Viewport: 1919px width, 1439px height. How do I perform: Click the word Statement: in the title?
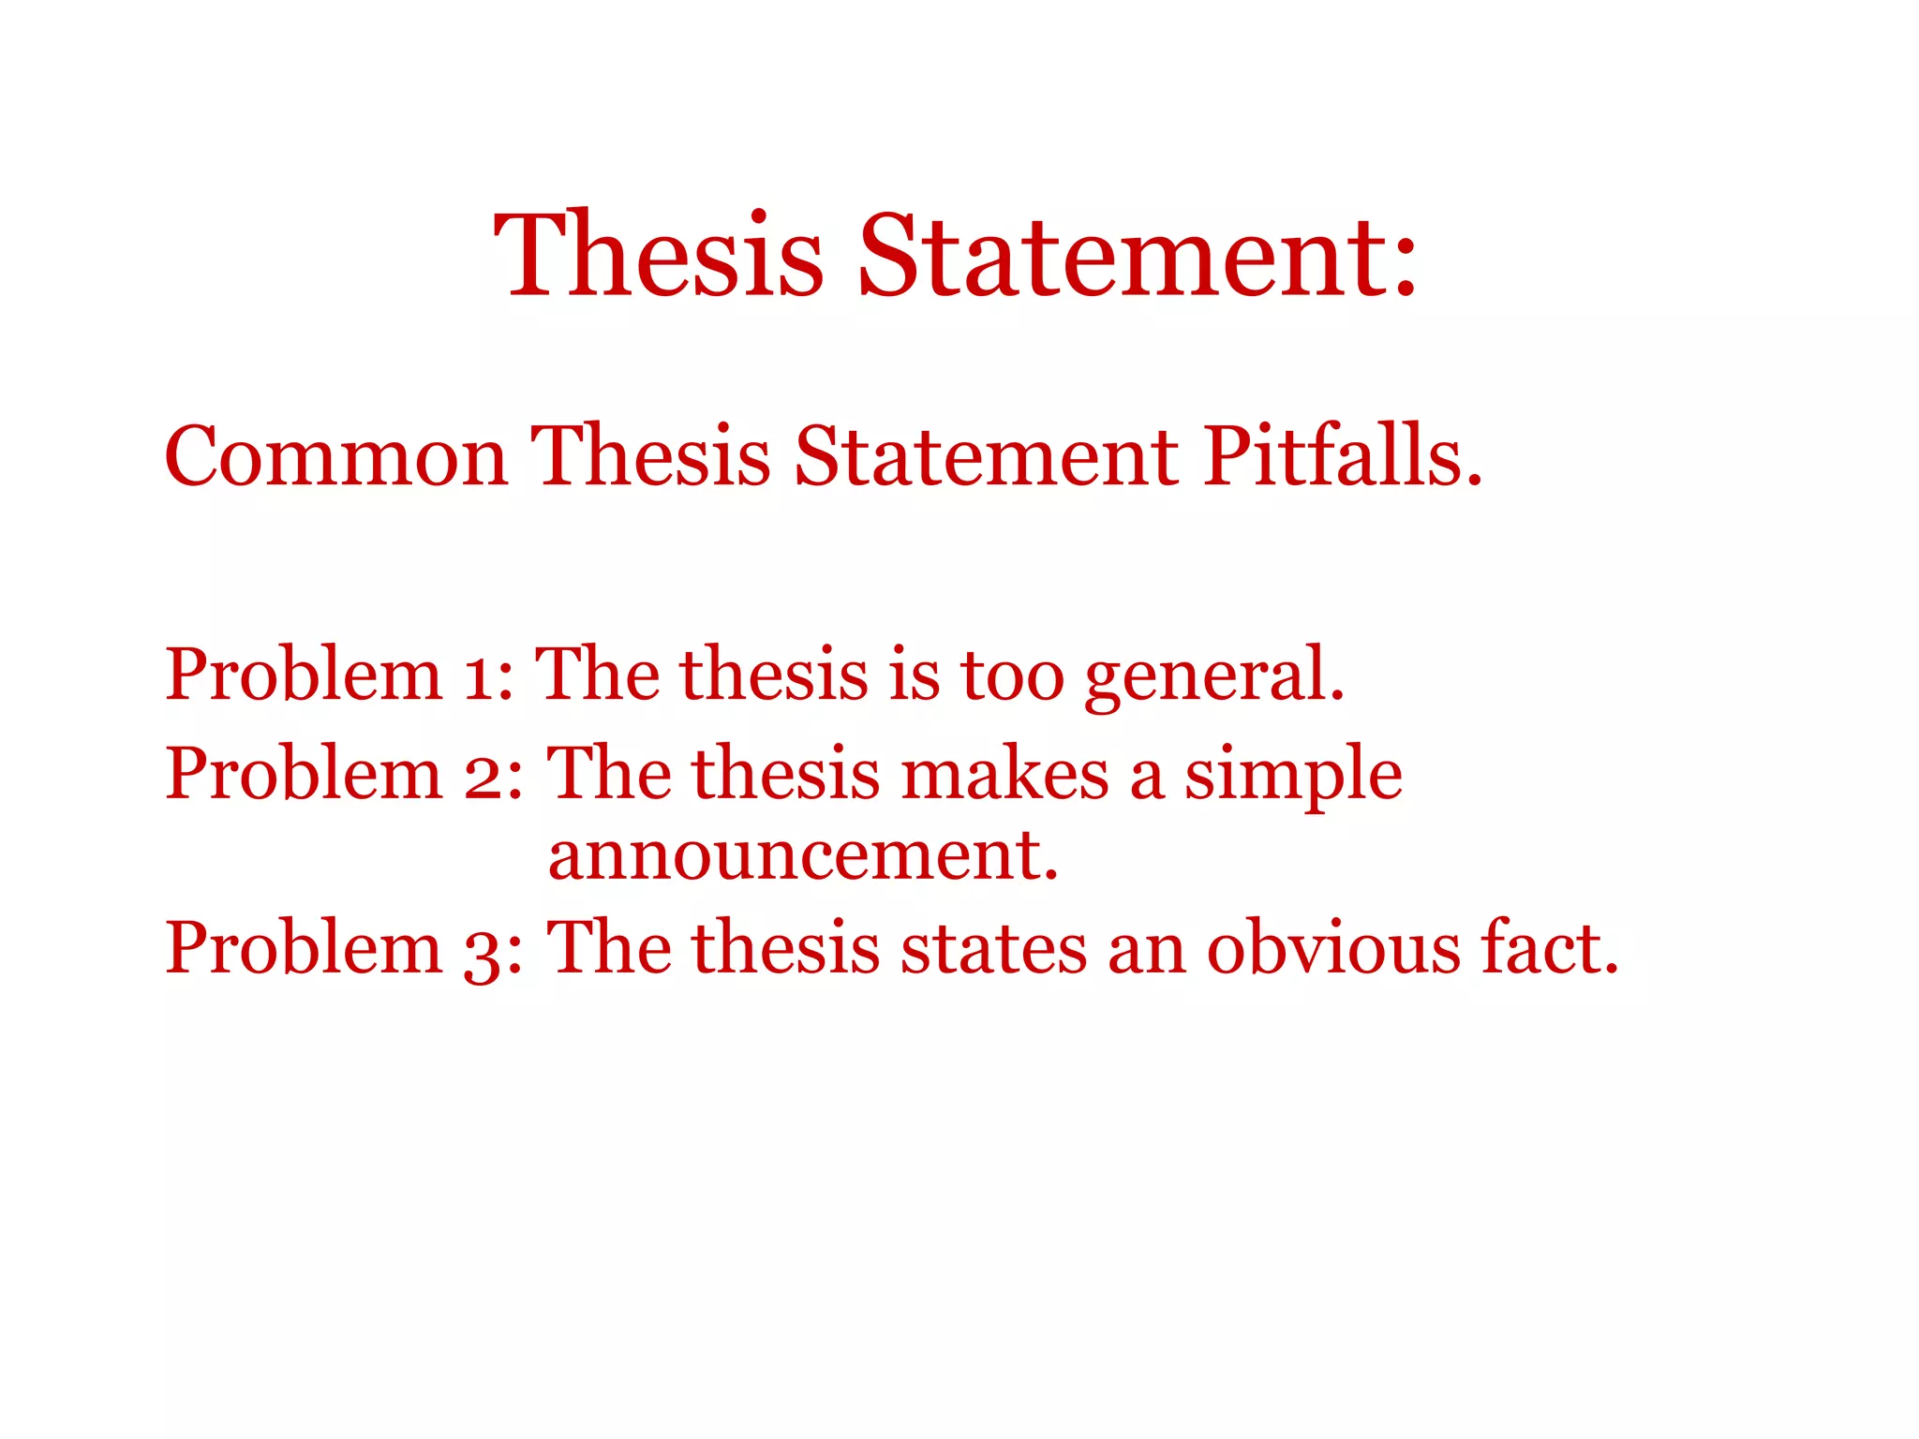coord(1138,255)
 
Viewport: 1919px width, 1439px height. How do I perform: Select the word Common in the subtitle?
coord(335,456)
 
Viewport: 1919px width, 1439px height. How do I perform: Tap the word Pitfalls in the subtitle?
coord(1342,456)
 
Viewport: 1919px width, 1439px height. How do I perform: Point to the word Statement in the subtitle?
coord(987,456)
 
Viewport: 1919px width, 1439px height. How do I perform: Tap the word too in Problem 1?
coord(1013,675)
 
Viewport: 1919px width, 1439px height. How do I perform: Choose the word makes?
coord(1004,775)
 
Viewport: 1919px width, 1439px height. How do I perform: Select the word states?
coord(993,948)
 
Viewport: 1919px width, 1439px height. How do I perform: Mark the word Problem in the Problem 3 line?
coord(304,948)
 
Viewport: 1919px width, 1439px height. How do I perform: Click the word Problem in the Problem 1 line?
coord(304,675)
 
